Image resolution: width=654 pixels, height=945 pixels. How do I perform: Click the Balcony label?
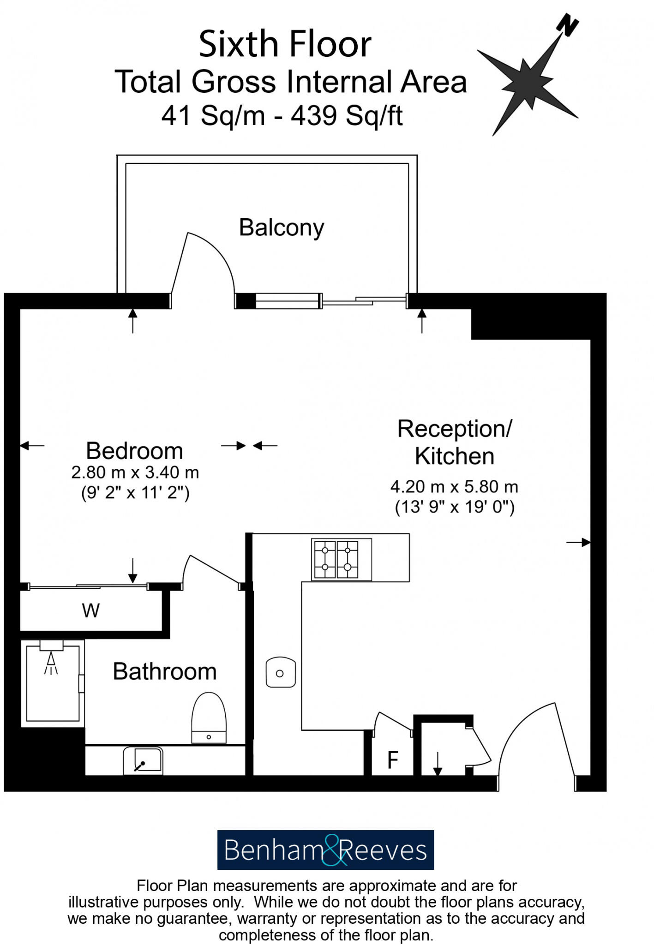[281, 228]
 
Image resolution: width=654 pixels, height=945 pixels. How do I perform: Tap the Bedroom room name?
[134, 451]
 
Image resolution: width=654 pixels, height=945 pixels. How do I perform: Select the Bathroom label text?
[165, 671]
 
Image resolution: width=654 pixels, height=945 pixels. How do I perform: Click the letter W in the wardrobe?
[91, 610]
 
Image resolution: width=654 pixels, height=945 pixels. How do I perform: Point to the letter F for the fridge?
[393, 760]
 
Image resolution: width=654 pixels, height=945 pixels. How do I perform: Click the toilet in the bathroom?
[209, 718]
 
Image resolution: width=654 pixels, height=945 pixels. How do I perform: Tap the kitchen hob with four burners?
[342, 559]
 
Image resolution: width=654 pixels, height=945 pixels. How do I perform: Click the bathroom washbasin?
[143, 761]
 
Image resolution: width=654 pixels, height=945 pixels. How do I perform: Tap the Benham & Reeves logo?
[325, 850]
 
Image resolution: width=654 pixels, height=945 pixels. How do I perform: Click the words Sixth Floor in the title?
[285, 44]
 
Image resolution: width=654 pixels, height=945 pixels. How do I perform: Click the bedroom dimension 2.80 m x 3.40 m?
[135, 472]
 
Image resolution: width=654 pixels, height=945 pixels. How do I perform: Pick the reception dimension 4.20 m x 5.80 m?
[454, 487]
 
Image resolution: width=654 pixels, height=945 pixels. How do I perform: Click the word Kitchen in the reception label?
[454, 456]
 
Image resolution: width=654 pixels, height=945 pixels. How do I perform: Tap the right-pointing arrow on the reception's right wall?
[578, 543]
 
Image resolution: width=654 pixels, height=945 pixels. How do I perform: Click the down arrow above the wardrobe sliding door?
[133, 570]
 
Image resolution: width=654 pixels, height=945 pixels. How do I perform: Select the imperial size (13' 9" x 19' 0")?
[455, 507]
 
